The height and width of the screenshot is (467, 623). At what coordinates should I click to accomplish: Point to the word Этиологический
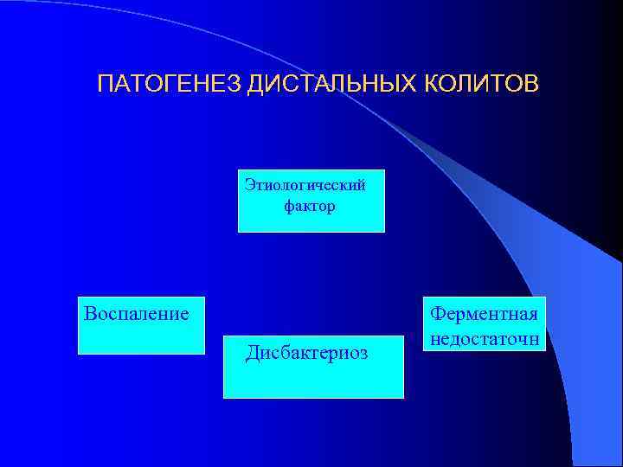[x=305, y=184]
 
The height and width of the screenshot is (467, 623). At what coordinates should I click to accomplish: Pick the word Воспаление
[x=136, y=312]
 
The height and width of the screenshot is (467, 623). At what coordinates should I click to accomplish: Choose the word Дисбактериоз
[x=306, y=353]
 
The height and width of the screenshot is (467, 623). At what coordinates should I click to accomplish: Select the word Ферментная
[x=485, y=312]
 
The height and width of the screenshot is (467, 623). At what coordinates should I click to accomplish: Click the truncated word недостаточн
[x=485, y=336]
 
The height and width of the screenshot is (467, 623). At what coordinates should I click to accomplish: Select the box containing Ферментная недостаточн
[x=485, y=324]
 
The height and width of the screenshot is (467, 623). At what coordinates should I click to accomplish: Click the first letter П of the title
[x=105, y=85]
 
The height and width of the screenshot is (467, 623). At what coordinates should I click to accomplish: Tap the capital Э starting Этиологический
[x=250, y=184]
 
